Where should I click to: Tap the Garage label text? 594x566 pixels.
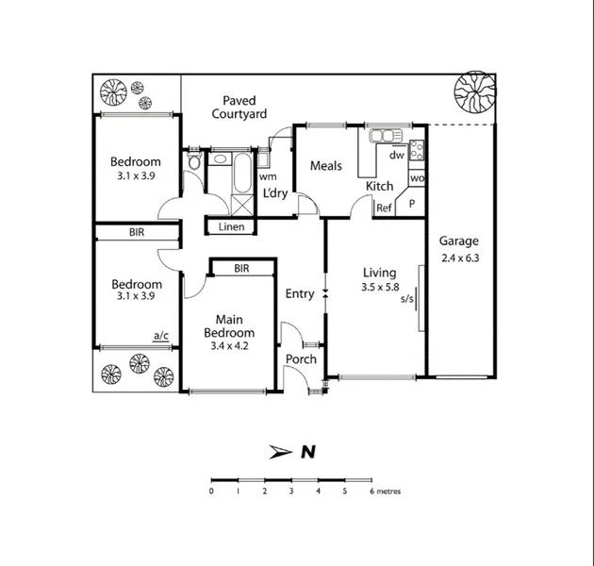(458, 241)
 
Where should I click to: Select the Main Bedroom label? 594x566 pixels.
(229, 325)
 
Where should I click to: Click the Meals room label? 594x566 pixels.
(326, 166)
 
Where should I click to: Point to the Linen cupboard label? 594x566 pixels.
(231, 227)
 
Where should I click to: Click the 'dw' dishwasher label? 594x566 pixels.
(397, 155)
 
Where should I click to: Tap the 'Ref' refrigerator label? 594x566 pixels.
(384, 208)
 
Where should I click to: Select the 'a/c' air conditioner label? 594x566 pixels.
(160, 334)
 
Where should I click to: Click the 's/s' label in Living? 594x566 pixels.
(407, 300)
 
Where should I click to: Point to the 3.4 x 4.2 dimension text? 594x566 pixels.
(229, 346)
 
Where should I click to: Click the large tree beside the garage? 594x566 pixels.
(473, 92)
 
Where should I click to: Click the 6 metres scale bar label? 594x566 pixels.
(385, 491)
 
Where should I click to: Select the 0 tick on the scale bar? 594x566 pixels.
(211, 491)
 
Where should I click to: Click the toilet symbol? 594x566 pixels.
(194, 164)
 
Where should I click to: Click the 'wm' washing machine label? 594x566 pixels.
(268, 176)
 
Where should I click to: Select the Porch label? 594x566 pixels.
(301, 359)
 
